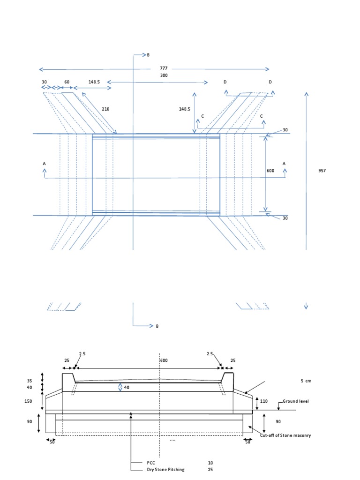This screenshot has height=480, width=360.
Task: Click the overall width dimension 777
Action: click(164, 68)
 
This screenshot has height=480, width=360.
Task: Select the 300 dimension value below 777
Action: click(164, 75)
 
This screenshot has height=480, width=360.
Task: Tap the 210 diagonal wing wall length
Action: click(106, 109)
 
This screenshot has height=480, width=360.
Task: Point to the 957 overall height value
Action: click(321, 171)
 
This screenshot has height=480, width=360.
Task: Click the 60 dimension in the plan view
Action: click(67, 82)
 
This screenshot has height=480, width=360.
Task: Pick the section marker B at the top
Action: click(148, 55)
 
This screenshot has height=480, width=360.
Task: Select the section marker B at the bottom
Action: click(157, 326)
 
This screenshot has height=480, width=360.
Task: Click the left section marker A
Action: click(45, 163)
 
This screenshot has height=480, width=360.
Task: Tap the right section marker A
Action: click(284, 163)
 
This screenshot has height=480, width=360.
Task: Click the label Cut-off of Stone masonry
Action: click(285, 435)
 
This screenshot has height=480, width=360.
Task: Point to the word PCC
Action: click(150, 462)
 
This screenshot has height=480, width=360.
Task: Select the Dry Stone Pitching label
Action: click(165, 469)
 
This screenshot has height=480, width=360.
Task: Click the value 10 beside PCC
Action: click(210, 462)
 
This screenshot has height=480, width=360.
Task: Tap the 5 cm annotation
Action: click(306, 381)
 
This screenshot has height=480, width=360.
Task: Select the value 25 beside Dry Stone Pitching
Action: click(210, 469)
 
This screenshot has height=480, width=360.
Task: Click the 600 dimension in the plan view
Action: click(270, 171)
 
